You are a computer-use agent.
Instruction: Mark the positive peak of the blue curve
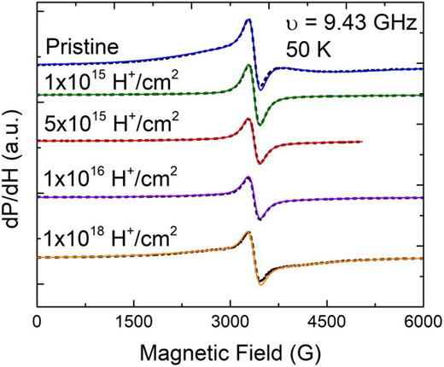coord(248,20)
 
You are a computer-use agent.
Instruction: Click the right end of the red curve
coord(362,142)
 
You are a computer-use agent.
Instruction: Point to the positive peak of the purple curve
coord(248,178)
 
